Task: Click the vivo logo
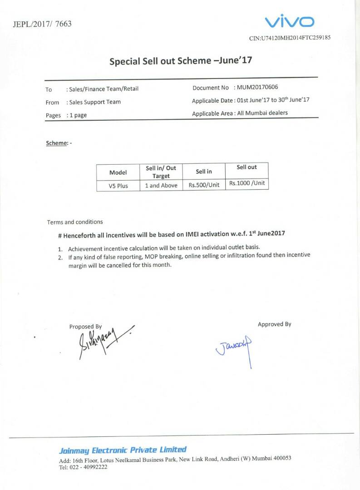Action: [290, 21]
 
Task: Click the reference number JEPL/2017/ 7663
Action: [42, 24]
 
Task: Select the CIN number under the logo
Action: [290, 38]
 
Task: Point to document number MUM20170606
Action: [257, 87]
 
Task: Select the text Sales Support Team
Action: [95, 102]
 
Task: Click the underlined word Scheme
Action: [56, 143]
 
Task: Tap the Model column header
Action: [118, 172]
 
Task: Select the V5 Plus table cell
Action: [118, 186]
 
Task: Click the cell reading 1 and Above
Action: [161, 186]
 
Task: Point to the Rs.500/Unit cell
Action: [204, 185]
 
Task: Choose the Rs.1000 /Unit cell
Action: [247, 183]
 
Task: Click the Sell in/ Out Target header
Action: [161, 172]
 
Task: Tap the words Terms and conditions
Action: [75, 222]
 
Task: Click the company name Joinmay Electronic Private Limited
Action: [123, 450]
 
